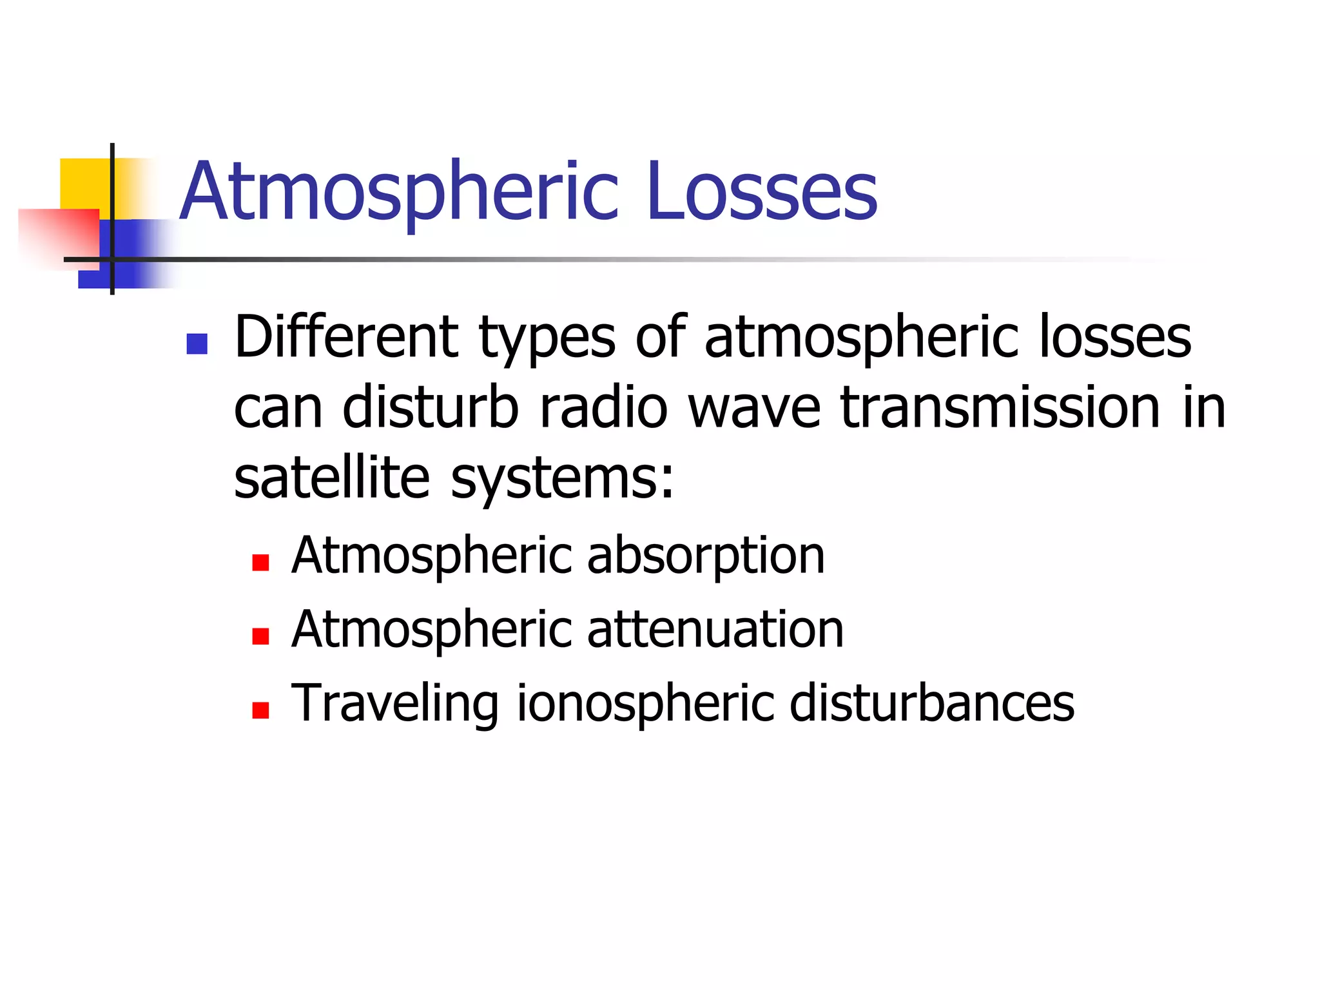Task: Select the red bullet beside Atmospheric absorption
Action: [x=260, y=563]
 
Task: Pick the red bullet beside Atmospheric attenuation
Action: [x=260, y=637]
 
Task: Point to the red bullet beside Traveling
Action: [x=260, y=710]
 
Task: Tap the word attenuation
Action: [x=715, y=630]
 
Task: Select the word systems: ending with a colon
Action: [x=562, y=480]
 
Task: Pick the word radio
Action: [x=603, y=407]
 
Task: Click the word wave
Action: [x=755, y=409]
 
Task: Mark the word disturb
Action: [x=431, y=407]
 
